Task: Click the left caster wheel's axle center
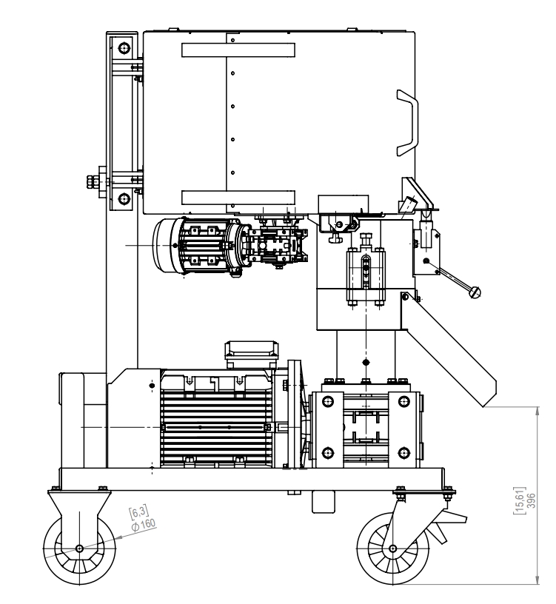(79, 548)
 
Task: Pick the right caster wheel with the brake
(393, 549)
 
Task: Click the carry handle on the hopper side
(408, 123)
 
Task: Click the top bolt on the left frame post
(123, 49)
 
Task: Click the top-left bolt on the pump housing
(327, 403)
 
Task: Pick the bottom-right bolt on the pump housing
(403, 452)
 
